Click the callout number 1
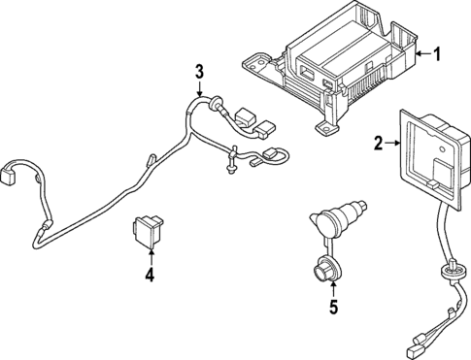[x=437, y=54]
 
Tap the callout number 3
[x=199, y=71]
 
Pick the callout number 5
[x=333, y=311]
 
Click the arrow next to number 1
[x=421, y=55]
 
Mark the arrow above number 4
[x=150, y=254]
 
